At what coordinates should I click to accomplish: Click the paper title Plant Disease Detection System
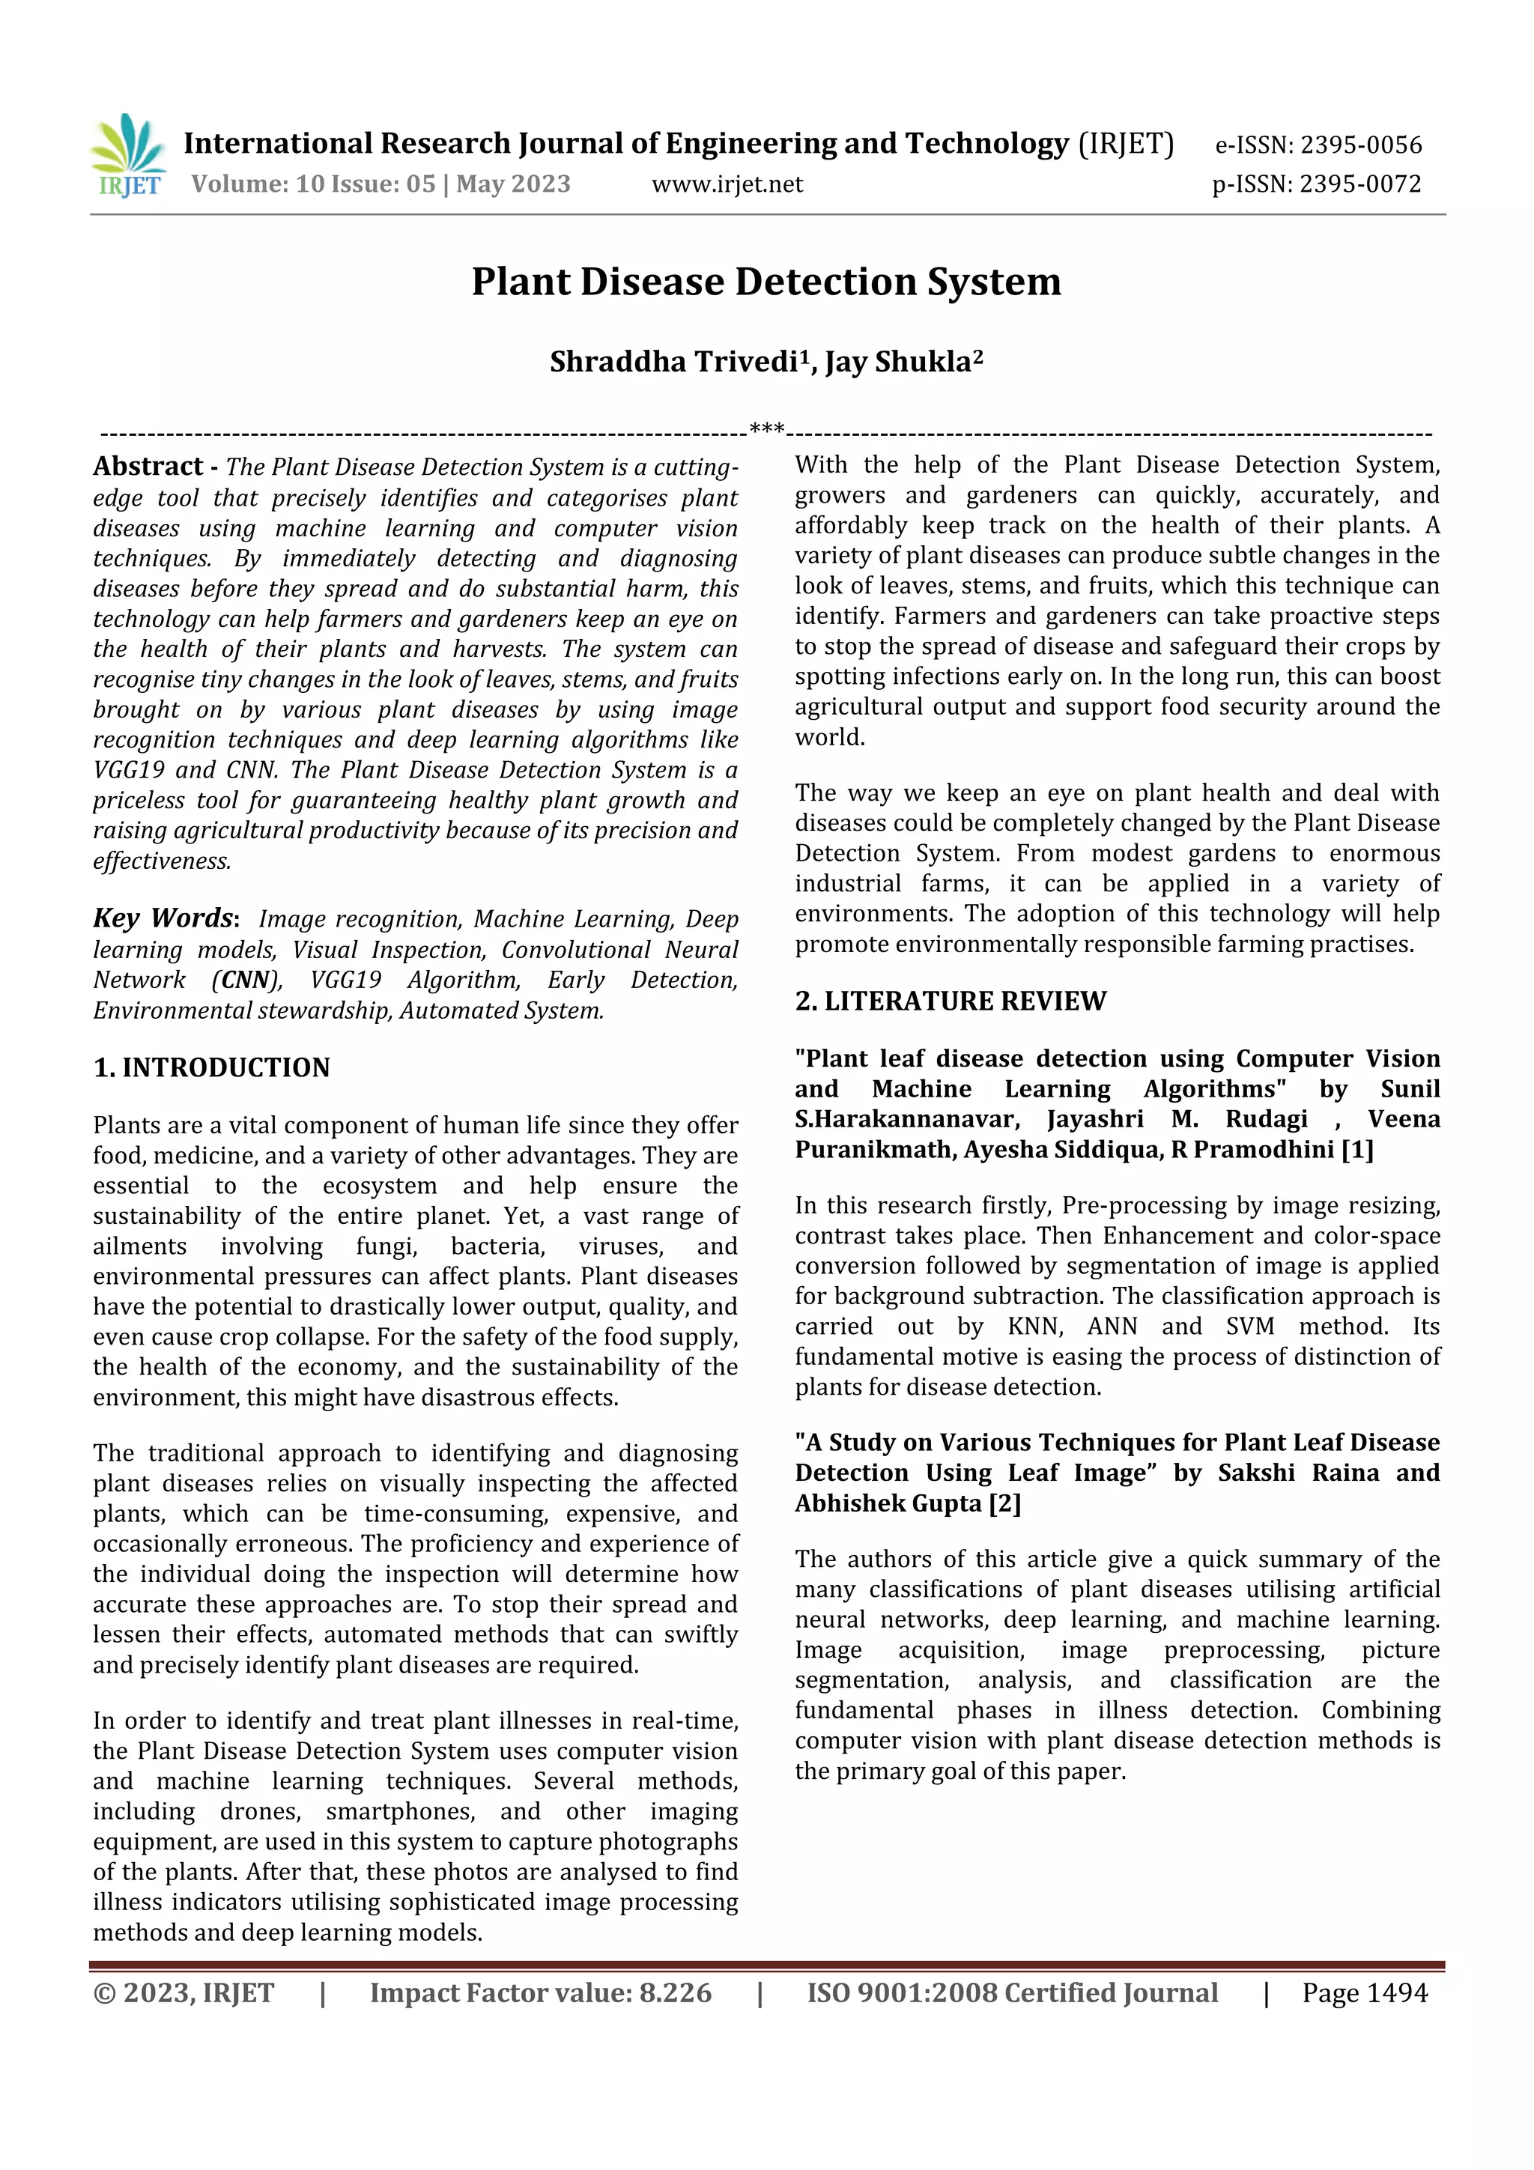[766, 282]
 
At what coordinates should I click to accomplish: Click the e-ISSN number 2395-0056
[1360, 145]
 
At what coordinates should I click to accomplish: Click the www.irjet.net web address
[727, 184]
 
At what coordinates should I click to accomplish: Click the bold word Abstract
[148, 466]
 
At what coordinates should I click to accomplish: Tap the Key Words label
[163, 918]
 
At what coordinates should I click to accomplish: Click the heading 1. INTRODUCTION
[212, 1068]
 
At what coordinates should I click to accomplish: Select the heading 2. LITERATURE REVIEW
[950, 1001]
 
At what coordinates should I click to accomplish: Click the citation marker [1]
[1356, 1149]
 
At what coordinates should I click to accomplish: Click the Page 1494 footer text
[1364, 1992]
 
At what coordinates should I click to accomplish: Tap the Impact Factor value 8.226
[675, 1992]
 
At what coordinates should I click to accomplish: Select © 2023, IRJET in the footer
[184, 1992]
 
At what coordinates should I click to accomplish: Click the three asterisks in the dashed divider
[766, 430]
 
